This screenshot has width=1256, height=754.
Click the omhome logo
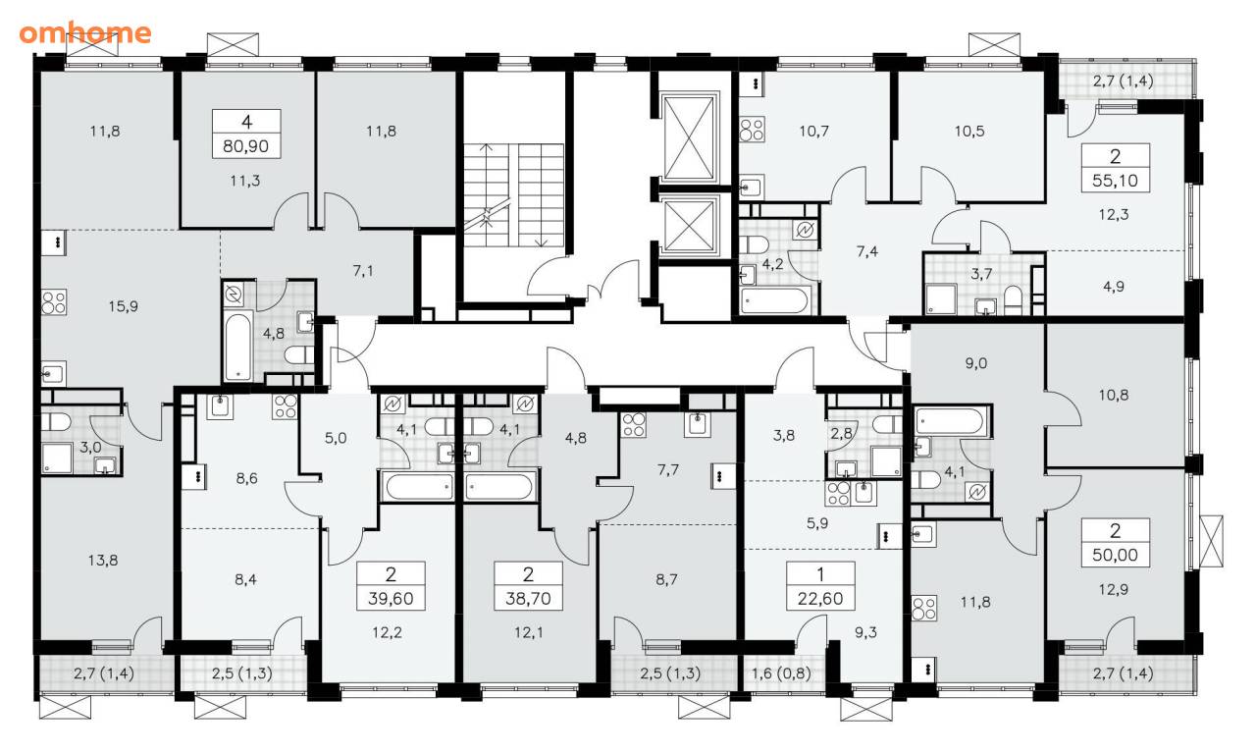(x=85, y=33)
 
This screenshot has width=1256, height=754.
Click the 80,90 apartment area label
(x=246, y=146)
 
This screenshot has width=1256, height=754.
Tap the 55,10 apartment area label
(x=1116, y=180)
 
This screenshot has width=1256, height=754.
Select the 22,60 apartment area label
(x=820, y=599)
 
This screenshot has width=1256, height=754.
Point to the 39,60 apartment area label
(x=391, y=599)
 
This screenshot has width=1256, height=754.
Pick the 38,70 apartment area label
(x=528, y=599)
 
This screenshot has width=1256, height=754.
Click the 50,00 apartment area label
(x=1116, y=555)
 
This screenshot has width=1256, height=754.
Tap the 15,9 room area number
(x=124, y=306)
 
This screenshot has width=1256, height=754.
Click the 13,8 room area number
(x=103, y=560)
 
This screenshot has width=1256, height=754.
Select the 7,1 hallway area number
(x=363, y=272)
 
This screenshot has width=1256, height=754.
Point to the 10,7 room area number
(x=813, y=132)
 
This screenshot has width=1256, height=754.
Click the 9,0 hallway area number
(x=976, y=363)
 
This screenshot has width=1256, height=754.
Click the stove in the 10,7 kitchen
(x=752, y=129)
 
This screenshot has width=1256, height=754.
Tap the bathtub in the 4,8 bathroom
(x=237, y=347)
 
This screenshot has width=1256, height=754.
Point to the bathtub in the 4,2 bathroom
(x=774, y=300)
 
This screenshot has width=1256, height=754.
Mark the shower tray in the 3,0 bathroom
(x=57, y=458)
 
